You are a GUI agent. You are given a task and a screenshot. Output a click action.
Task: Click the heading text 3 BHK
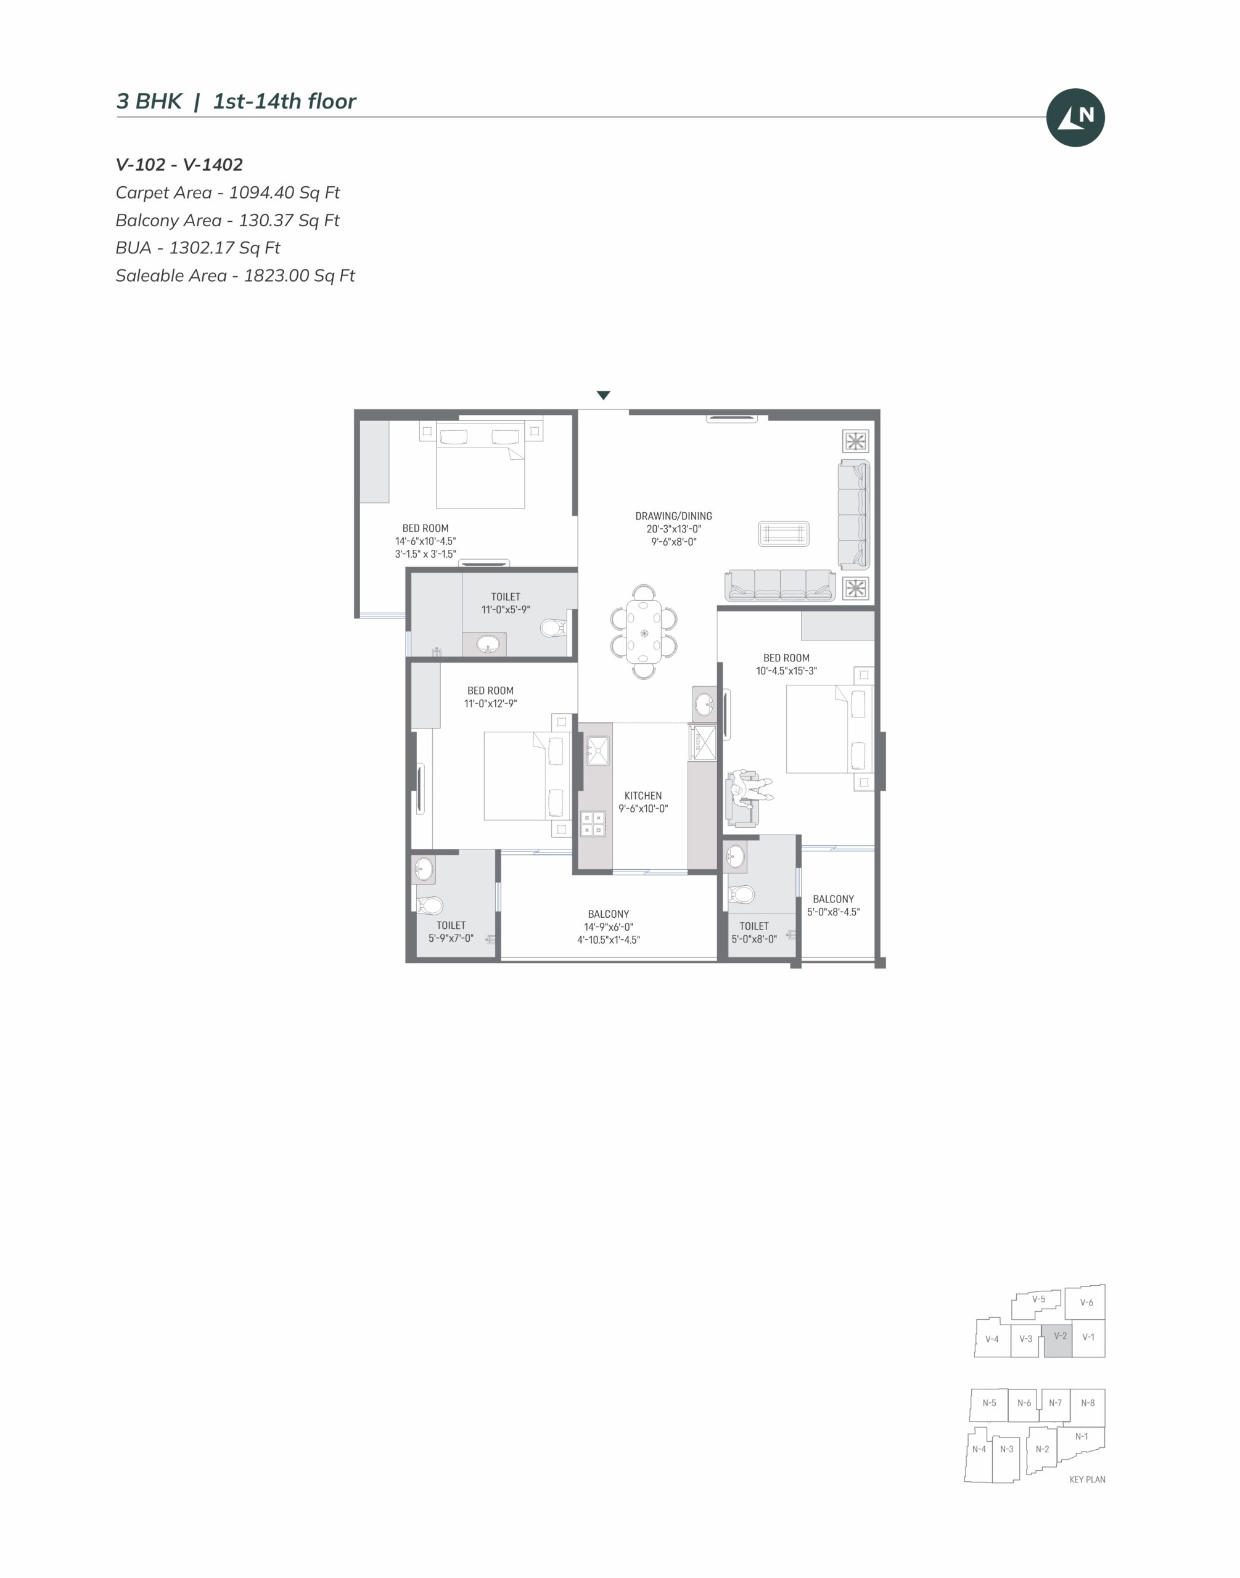click(x=149, y=102)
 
